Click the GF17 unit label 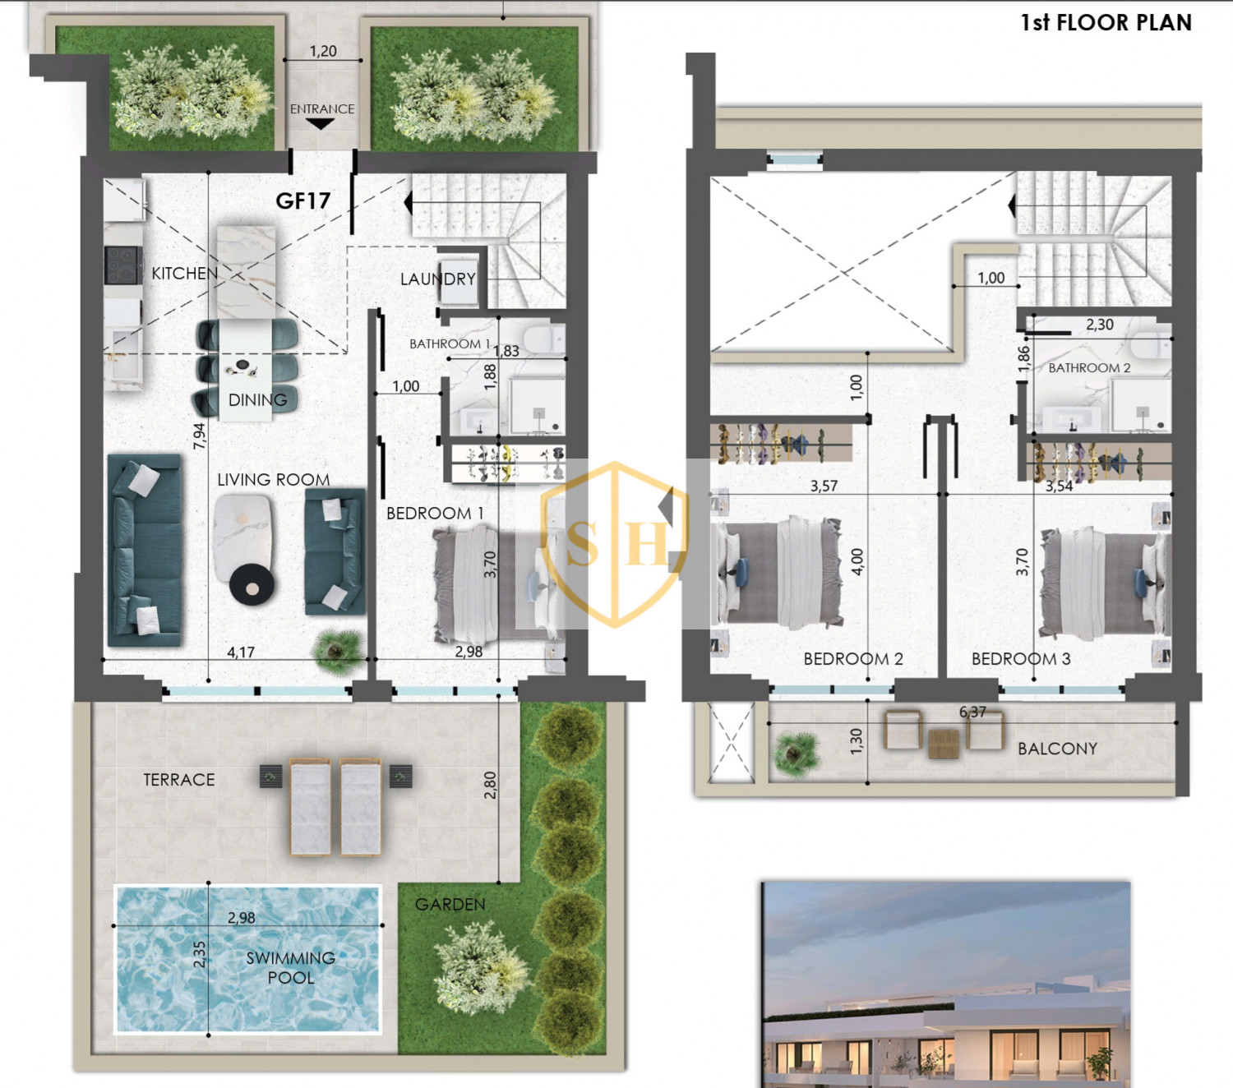303,201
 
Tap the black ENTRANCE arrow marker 320,123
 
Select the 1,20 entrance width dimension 322,51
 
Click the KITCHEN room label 184,273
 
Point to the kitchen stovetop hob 123,265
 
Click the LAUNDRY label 437,279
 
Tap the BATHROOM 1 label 450,343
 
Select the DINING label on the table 257,400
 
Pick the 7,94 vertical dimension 199,436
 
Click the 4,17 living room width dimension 240,652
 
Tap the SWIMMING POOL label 290,967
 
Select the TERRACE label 179,780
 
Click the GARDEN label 450,904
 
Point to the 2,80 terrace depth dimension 490,785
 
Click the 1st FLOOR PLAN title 1106,22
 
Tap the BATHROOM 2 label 1089,367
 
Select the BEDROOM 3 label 1021,658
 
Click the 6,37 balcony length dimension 972,712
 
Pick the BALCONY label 1058,749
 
